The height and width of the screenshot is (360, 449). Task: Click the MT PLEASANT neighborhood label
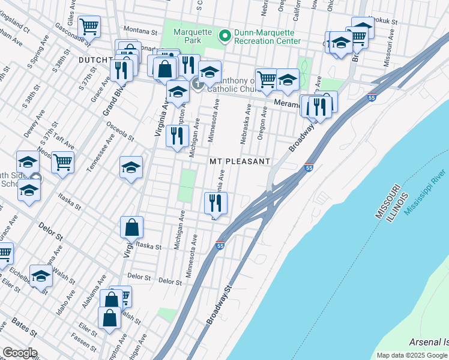pos(240,162)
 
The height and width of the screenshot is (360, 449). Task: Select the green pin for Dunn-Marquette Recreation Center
pos(225,36)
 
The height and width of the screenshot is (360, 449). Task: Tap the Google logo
pos(19,353)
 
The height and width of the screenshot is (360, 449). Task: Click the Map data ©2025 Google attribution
pos(412,355)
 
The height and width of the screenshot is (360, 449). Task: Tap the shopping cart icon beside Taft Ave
pos(62,162)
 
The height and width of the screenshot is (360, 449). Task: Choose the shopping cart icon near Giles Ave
pos(89,26)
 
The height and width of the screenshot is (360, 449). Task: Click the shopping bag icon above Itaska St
pos(131,228)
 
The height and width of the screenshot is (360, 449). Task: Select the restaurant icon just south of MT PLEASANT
pos(215,203)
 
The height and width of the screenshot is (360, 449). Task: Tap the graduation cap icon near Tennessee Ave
pos(130,168)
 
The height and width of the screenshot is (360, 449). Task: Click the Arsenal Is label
pos(428,342)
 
